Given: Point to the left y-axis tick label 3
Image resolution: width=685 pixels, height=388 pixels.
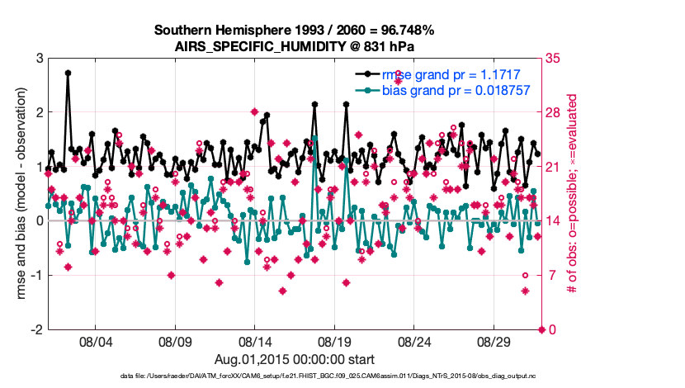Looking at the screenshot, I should pos(39,58).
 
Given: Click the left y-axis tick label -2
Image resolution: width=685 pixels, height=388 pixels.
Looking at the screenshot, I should pos(36,329).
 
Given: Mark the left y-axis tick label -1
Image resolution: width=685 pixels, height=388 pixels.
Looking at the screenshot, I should pos(36,275).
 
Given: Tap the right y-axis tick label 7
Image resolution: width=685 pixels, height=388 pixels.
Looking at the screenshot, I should pos(550,275).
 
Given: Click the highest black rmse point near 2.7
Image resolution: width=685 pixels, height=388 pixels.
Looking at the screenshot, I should pos(68,73).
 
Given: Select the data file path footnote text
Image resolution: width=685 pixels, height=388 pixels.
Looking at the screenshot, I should pos(328,376).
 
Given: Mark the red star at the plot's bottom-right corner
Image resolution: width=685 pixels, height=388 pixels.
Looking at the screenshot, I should pos(541,329).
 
